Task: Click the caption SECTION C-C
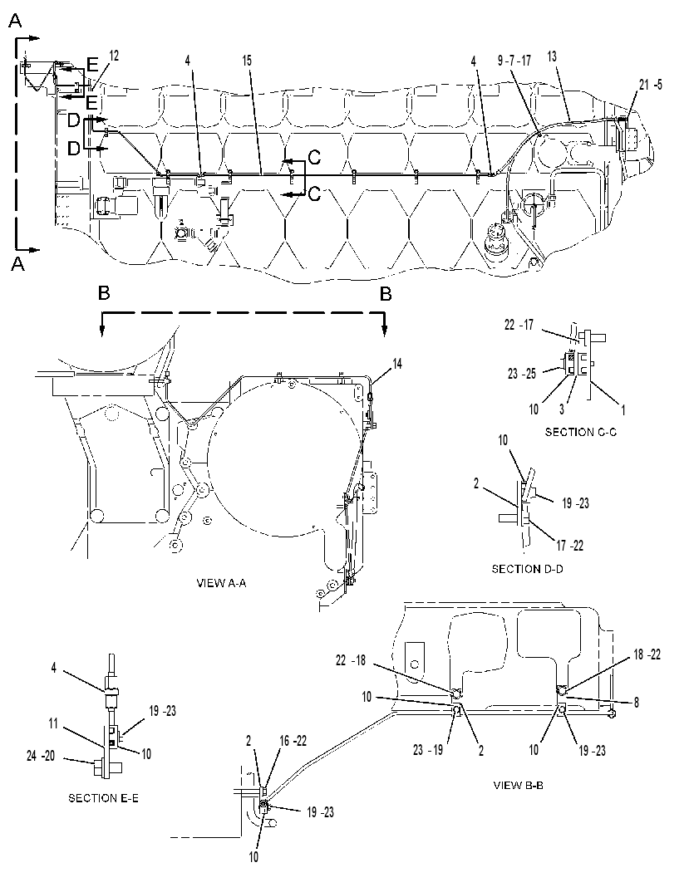click(x=580, y=432)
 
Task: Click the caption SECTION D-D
click(x=527, y=568)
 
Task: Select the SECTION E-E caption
click(x=103, y=798)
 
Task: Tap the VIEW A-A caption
click(x=221, y=583)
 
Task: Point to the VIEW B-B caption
click(x=518, y=786)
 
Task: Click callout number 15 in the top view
click(x=247, y=61)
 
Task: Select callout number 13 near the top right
click(x=552, y=56)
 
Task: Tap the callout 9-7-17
click(x=514, y=61)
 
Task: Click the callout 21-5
click(x=650, y=85)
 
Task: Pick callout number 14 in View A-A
click(x=397, y=364)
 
